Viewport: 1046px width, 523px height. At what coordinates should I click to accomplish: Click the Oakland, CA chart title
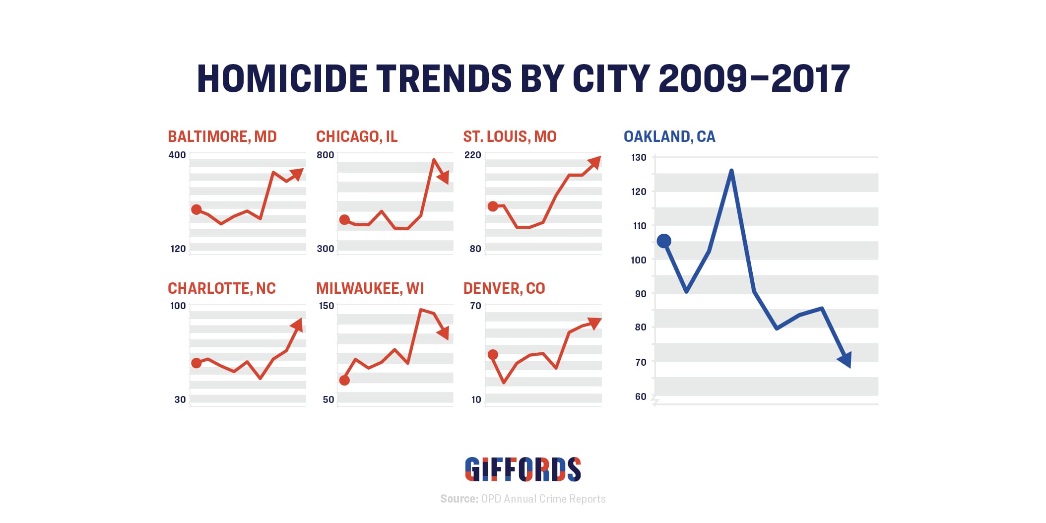pos(669,136)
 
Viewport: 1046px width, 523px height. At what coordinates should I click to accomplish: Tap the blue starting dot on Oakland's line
pos(664,241)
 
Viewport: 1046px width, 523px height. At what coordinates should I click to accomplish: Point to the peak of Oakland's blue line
pos(731,171)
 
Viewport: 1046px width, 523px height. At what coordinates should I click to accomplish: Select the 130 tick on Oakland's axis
pos(639,157)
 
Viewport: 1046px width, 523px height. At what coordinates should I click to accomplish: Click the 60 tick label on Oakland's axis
pos(641,396)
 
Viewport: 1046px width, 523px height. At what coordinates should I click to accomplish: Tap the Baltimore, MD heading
pos(222,136)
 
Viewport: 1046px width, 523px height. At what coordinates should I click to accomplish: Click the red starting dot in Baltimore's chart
pos(196,209)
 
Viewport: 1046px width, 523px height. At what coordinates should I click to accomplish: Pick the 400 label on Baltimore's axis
pos(177,155)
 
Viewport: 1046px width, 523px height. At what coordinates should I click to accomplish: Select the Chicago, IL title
pos(357,136)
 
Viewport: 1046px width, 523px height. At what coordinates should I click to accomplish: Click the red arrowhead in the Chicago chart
pos(444,177)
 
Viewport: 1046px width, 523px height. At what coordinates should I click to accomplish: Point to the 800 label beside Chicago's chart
pos(325,155)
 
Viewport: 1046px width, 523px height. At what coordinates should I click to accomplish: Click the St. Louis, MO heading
pos(510,136)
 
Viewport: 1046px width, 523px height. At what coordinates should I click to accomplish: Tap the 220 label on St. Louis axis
pos(472,155)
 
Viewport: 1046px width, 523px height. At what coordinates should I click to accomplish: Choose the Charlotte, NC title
pos(221,288)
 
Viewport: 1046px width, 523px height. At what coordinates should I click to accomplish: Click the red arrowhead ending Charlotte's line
pos(297,325)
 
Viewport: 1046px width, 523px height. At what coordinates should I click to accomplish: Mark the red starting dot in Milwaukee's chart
pos(344,380)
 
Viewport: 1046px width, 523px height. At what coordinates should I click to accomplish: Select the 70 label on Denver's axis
pos(475,306)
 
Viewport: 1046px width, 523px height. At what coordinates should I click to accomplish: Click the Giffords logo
pos(523,469)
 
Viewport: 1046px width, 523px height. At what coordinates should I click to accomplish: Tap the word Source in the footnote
pos(458,499)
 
